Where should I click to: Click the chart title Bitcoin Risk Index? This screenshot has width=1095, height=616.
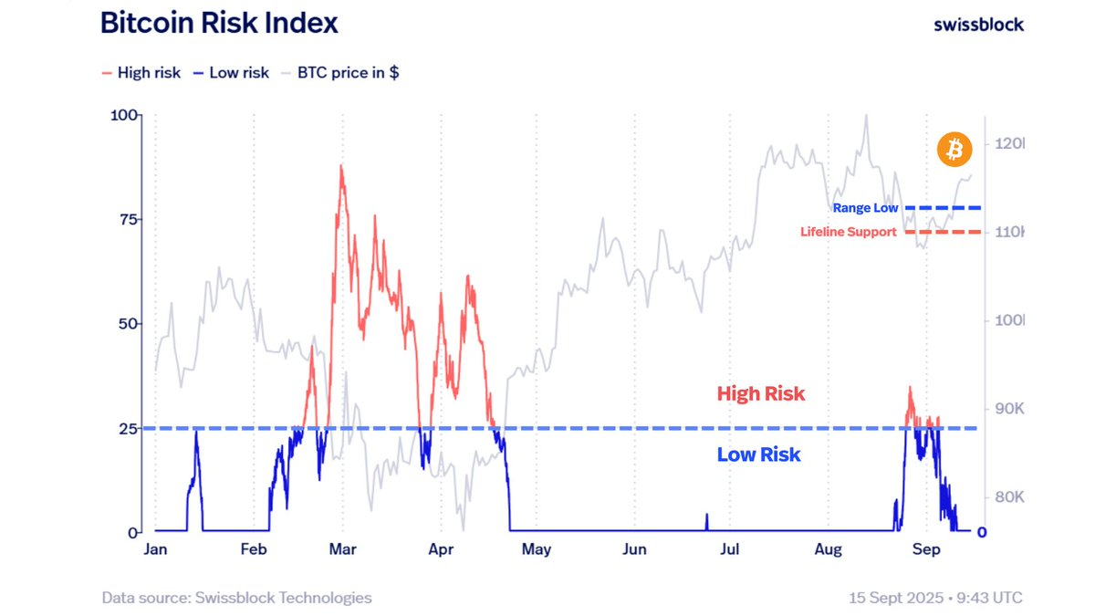(x=219, y=24)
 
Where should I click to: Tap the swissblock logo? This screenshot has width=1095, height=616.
(x=978, y=25)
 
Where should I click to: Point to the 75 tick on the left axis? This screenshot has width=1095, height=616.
(x=125, y=219)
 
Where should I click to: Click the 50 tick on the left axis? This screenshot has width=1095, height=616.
(x=125, y=324)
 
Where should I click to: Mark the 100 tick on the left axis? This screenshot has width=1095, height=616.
(x=121, y=115)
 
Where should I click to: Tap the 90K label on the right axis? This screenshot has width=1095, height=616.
(x=1008, y=409)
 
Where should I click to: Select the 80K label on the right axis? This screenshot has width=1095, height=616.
(x=1008, y=497)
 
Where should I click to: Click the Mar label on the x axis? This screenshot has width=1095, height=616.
(x=343, y=549)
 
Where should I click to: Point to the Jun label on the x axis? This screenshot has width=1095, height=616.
(x=634, y=549)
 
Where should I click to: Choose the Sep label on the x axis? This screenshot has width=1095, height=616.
(x=926, y=549)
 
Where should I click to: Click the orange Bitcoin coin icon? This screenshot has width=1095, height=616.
(x=954, y=149)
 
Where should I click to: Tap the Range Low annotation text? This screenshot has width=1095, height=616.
(x=865, y=209)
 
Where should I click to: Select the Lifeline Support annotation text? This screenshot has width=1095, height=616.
(x=848, y=232)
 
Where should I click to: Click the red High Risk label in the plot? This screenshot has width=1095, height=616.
(x=761, y=394)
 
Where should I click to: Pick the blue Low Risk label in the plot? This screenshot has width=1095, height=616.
(x=758, y=454)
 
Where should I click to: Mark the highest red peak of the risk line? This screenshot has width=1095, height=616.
(x=341, y=166)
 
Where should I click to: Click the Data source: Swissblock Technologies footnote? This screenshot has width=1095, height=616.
(x=237, y=598)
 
